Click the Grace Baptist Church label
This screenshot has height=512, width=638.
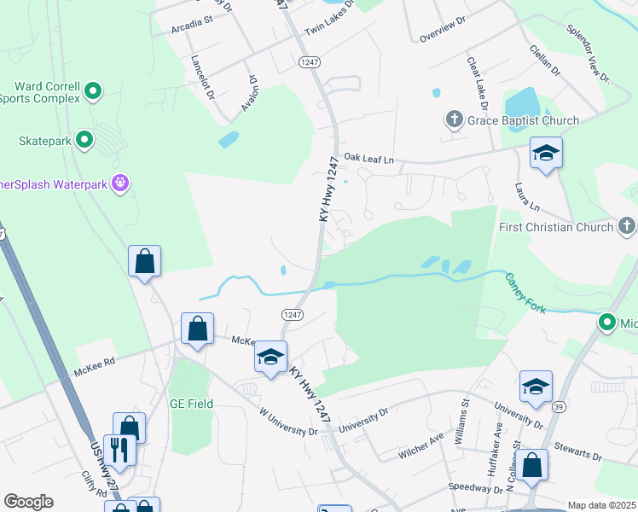523,120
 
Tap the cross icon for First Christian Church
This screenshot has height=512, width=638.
627,226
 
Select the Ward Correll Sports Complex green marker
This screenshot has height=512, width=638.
94,90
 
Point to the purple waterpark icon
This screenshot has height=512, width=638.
121,183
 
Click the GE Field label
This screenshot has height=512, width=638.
191,404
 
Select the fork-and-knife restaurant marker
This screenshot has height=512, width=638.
120,450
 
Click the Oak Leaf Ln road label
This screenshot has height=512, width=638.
368,159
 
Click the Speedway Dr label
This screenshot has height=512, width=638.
476,489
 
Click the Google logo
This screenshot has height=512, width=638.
28,501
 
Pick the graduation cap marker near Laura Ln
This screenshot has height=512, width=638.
546,154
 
